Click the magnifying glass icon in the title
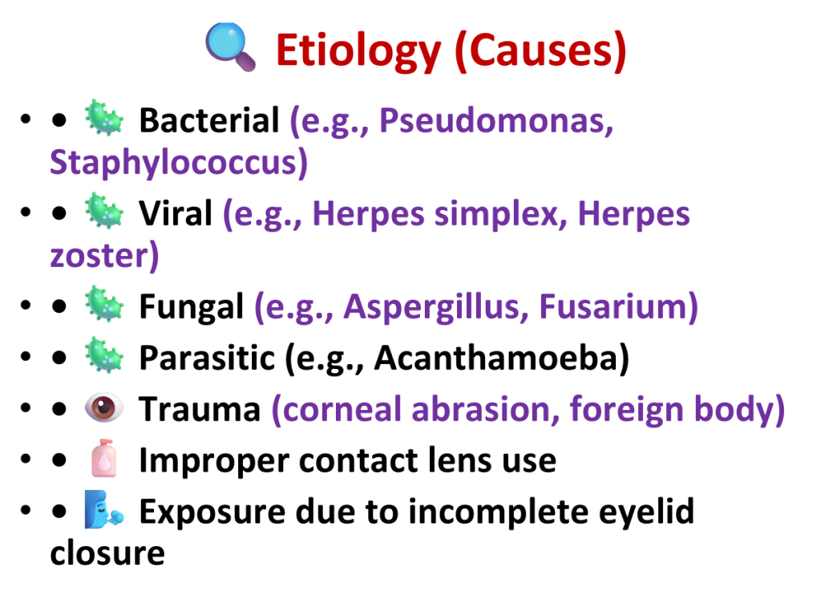tap(230, 47)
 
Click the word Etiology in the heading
tap(358, 51)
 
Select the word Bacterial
tap(209, 120)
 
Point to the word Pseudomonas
tap(496, 121)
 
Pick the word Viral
tap(176, 213)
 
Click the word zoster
tap(98, 256)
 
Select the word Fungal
tap(191, 307)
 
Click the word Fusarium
tap(613, 306)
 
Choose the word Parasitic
tap(207, 359)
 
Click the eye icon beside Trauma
tap(104, 407)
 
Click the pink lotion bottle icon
tap(103, 458)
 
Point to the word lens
tap(460, 460)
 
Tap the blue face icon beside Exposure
tap(104, 509)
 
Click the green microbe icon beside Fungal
tap(104, 304)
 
